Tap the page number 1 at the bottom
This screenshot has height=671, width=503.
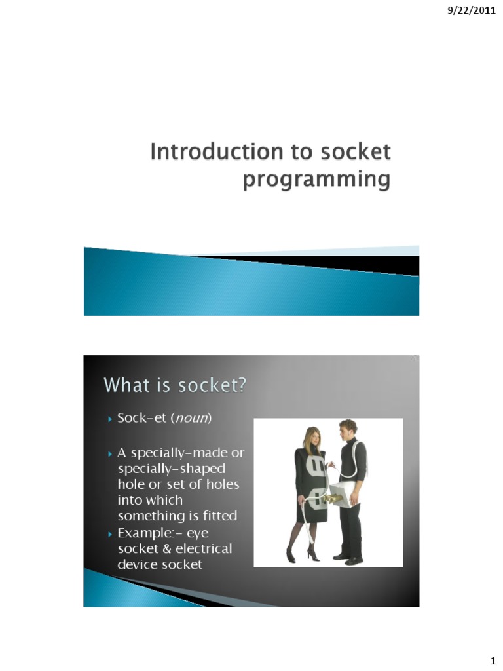491,659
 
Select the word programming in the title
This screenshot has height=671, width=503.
316,179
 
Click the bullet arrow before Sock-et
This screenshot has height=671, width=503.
110,419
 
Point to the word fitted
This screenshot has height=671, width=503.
218,516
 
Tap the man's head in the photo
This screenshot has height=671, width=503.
347,431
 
